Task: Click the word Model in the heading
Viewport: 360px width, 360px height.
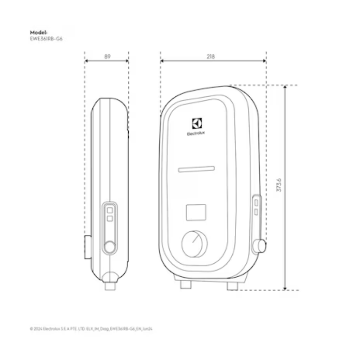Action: pos(38,32)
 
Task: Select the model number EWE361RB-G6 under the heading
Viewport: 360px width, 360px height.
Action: pos(46,39)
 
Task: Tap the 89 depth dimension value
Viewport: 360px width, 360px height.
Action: pos(107,57)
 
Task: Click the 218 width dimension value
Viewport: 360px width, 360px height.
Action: pos(211,57)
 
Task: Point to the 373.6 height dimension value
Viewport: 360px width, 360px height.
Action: pos(279,184)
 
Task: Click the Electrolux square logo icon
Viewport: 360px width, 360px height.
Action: pos(197,123)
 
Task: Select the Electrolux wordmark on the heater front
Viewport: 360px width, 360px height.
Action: pos(196,133)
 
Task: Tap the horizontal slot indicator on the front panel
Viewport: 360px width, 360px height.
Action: pos(197,169)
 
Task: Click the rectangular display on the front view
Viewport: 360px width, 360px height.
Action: pos(196,212)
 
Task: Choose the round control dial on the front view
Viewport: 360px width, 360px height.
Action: pos(194,244)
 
